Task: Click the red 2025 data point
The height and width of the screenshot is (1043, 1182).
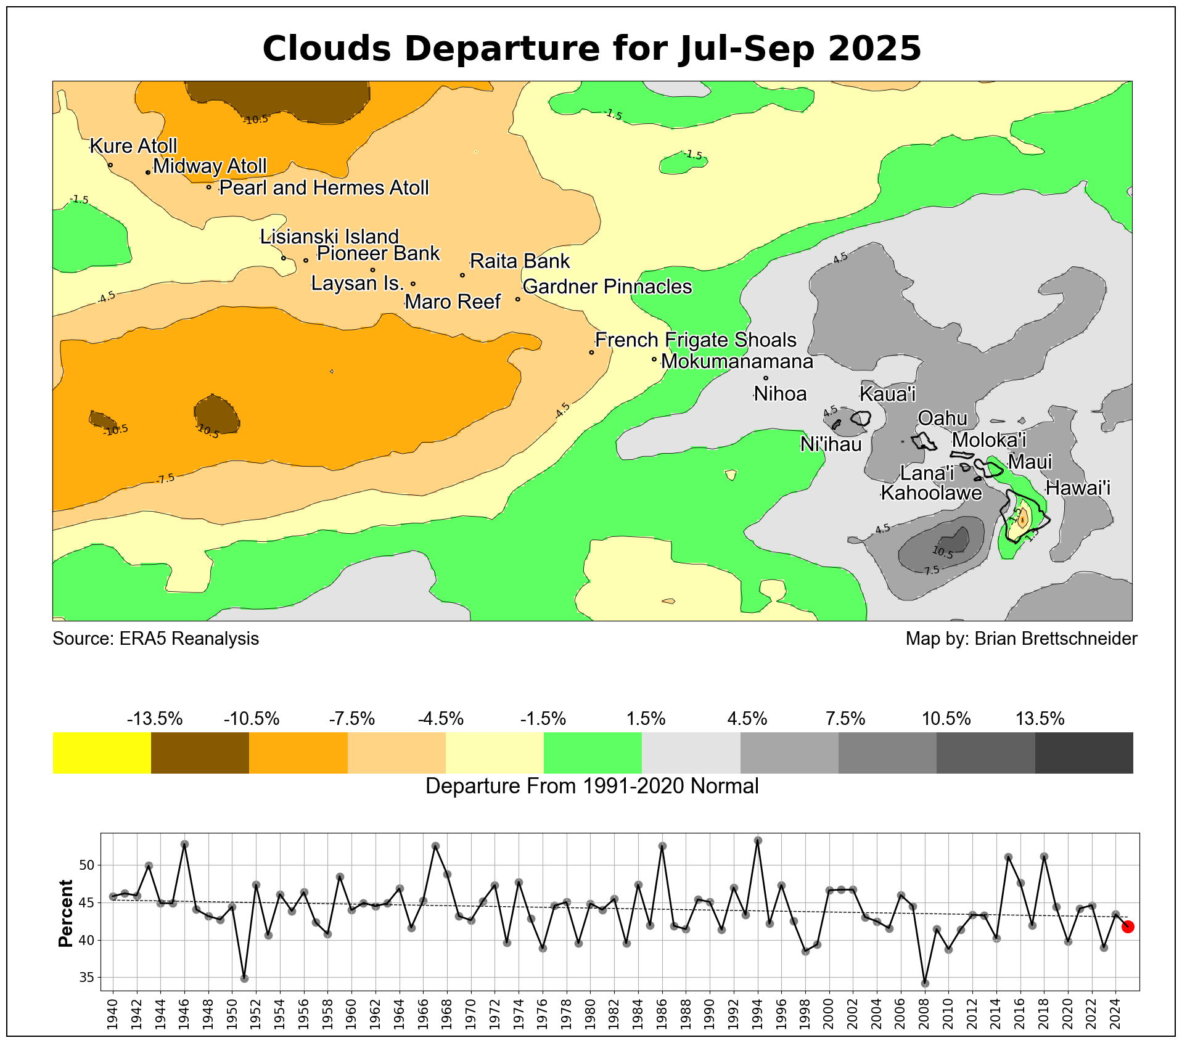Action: coord(1128,926)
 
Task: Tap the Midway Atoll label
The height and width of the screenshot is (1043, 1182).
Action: coord(210,166)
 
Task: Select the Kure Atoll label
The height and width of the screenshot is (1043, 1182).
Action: coord(133,146)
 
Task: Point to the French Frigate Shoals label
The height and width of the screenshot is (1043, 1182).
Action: coord(696,340)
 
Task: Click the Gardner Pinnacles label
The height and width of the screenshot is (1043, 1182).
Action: coord(607,287)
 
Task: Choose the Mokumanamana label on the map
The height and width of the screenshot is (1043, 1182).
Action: coord(737,361)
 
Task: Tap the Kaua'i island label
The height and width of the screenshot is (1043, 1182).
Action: coord(887,394)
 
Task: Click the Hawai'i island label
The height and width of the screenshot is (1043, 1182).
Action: coord(1078,488)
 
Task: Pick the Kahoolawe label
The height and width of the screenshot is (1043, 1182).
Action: coord(931,493)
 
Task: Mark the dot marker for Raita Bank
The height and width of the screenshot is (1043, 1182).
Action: coord(462,275)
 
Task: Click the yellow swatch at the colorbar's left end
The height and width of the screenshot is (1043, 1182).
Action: coord(102,753)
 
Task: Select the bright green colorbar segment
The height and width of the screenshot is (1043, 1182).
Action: coord(593,753)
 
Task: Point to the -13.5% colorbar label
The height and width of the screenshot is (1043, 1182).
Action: coord(155,719)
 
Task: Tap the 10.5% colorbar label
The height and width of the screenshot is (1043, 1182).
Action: coord(946,719)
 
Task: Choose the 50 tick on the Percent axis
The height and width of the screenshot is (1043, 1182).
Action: coord(87,865)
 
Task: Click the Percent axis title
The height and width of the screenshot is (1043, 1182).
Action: coord(65,913)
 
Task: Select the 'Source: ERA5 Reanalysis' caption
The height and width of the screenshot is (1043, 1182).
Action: coord(155,639)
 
